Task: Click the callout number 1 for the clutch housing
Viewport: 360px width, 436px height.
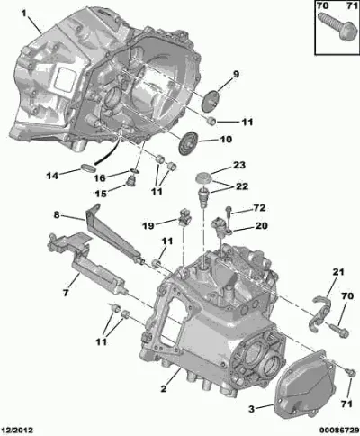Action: [24, 13]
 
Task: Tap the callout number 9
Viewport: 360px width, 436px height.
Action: [237, 74]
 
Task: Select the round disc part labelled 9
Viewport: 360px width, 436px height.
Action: [210, 100]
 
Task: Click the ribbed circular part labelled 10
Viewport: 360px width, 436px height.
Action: [188, 143]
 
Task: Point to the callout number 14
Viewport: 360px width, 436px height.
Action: [52, 176]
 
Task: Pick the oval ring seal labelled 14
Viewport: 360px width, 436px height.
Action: [88, 168]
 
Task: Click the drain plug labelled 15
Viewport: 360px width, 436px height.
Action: [131, 181]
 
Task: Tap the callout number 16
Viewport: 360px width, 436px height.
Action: [100, 177]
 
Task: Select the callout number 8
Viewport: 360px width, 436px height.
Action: [57, 215]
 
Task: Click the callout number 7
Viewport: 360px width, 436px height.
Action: [66, 292]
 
